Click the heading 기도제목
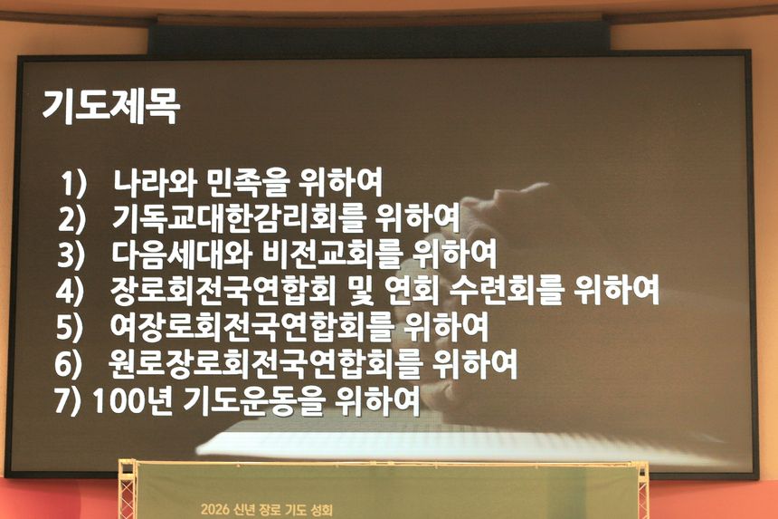pos(111,106)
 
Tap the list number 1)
pos(73,184)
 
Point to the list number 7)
pos(67,400)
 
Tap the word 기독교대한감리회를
pos(239,217)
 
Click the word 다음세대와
pos(183,254)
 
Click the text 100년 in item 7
pos(132,400)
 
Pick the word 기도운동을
pos(253,400)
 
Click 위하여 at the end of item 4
pos(616,290)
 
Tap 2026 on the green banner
pos(215,510)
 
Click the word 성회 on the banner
pos(321,510)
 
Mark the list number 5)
pos(70,328)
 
